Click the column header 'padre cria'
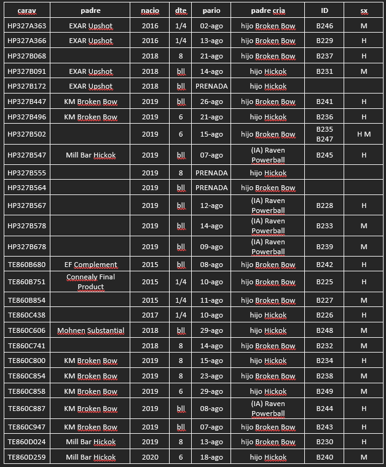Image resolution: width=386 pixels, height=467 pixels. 267,10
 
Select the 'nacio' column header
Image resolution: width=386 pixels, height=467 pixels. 150,10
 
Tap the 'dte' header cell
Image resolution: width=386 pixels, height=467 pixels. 181,10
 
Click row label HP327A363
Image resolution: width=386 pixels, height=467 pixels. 26,26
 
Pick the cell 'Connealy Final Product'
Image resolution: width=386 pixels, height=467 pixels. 90,282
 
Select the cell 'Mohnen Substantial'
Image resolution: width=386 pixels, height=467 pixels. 90,330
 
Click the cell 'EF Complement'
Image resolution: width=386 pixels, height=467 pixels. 90,265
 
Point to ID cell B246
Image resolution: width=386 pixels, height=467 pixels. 325,26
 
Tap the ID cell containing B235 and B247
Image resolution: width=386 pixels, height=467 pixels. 325,134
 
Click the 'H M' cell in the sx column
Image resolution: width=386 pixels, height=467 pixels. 364,134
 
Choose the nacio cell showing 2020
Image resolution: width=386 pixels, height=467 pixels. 150,457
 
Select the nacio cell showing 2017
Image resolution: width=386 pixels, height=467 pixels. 150,315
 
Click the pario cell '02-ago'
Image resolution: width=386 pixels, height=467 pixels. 211,26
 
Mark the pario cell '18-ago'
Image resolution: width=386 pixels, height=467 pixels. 211,457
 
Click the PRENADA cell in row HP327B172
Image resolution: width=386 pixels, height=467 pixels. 211,86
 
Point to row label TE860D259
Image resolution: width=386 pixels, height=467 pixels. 26,457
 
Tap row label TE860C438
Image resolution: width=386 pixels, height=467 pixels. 26,315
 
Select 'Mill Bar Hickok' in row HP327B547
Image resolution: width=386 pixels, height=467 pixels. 90,155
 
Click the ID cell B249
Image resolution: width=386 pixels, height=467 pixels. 325,391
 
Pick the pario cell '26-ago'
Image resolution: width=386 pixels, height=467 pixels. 211,102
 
